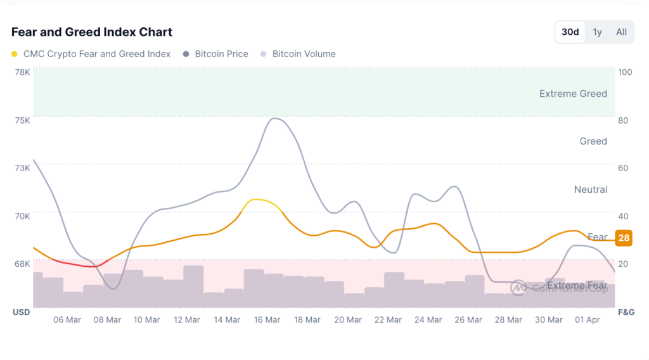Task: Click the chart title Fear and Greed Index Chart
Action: (x=92, y=32)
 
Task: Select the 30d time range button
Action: (x=570, y=32)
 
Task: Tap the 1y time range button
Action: (x=597, y=32)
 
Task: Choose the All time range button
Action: (x=621, y=32)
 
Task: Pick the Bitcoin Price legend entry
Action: (x=221, y=54)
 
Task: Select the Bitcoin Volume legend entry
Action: (x=304, y=54)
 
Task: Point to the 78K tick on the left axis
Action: (x=22, y=72)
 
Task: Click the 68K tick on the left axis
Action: (x=22, y=264)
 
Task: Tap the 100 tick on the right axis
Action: (x=625, y=72)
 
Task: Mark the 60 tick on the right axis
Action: (x=625, y=167)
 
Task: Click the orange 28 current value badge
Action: (x=624, y=238)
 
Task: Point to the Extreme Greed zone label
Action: (x=573, y=93)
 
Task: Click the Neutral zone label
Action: (x=590, y=190)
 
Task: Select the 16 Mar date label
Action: (x=267, y=320)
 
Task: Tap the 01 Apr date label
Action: (x=588, y=320)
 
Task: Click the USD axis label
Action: (x=21, y=312)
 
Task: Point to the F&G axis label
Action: (x=626, y=312)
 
